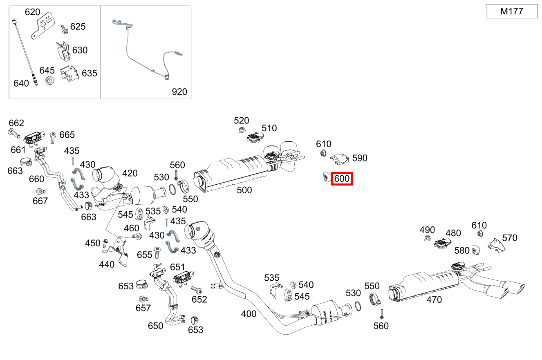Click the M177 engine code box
(512, 11)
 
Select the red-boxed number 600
(342, 179)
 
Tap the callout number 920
(179, 92)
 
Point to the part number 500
(244, 190)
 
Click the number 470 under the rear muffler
(434, 300)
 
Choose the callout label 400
(249, 314)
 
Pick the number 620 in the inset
(32, 12)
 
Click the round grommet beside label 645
(49, 80)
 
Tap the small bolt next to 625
(64, 29)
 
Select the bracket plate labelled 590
(340, 159)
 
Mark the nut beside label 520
(241, 130)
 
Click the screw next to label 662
(14, 133)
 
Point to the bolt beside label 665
(53, 138)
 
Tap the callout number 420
(130, 173)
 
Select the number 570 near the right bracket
(510, 238)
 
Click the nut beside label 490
(428, 238)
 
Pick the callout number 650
(155, 326)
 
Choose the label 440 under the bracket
(107, 264)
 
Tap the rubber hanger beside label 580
(476, 249)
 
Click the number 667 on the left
(40, 201)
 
